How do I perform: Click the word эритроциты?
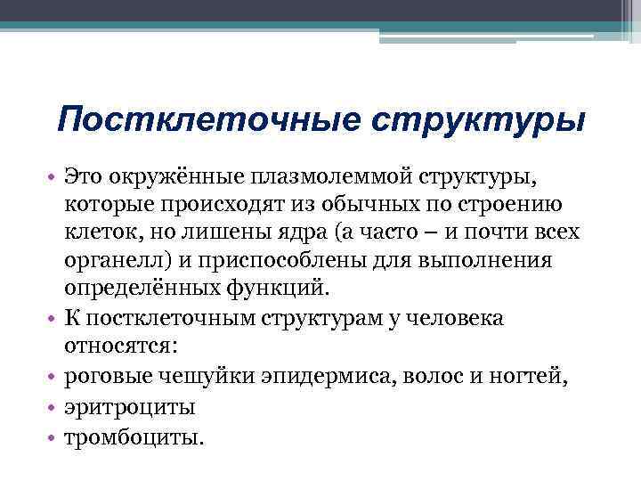(x=129, y=407)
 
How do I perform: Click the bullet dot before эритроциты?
(x=52, y=407)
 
